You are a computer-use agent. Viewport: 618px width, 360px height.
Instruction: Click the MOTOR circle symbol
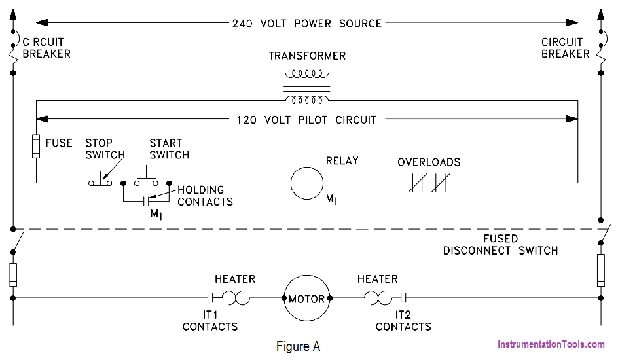(x=307, y=298)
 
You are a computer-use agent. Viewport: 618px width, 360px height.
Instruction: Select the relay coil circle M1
(x=307, y=183)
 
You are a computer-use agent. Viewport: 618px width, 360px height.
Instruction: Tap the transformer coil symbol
(x=307, y=86)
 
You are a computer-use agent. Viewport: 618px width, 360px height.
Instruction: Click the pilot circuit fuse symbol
(x=37, y=145)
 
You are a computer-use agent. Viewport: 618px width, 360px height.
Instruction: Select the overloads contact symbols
(x=427, y=183)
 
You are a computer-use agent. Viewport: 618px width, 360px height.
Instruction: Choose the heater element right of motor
(x=378, y=298)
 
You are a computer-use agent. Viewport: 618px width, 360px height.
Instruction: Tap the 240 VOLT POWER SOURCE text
(x=307, y=23)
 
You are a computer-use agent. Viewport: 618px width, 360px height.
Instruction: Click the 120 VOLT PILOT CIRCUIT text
(x=306, y=120)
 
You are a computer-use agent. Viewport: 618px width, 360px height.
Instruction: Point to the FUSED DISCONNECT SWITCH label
(x=500, y=245)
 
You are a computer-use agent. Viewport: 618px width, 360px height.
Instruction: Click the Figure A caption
(x=299, y=346)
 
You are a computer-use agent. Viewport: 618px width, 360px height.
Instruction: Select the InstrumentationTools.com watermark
(x=551, y=344)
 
